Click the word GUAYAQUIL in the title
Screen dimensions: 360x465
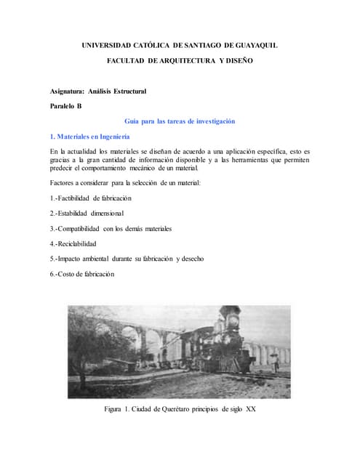pyautogui.click(x=260, y=46)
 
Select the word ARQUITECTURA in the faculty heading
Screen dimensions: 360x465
pyautogui.click(x=192, y=61)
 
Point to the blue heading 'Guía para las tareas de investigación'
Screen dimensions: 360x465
pyautogui.click(x=180, y=121)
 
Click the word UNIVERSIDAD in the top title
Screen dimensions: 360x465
pyautogui.click(x=108, y=46)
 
